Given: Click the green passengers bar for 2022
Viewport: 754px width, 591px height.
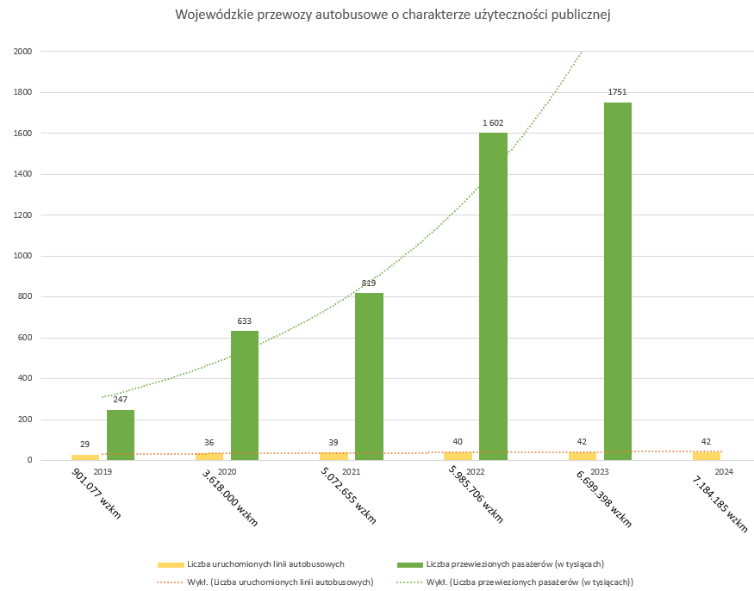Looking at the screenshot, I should [493, 296].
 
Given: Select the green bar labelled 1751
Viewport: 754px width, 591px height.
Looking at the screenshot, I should [617, 281].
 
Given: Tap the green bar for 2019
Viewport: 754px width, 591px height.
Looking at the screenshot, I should [121, 435].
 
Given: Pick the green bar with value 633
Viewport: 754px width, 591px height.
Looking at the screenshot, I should [245, 395].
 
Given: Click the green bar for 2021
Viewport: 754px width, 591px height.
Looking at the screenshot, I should [369, 376].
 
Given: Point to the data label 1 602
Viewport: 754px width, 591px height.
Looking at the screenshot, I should [493, 123].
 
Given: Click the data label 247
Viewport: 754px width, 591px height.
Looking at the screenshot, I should [121, 401].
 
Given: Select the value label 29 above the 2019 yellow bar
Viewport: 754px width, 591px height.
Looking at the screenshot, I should [85, 443].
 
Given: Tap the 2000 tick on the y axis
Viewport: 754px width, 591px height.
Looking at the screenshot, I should [23, 52].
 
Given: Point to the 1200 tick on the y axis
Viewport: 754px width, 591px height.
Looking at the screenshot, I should [23, 215].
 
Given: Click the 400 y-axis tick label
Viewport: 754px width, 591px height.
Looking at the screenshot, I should [25, 378].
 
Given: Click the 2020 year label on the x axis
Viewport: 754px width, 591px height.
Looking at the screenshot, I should [227, 472].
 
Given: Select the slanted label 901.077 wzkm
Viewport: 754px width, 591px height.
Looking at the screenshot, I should [97, 494].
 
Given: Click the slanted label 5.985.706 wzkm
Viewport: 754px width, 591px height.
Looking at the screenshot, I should [475, 495].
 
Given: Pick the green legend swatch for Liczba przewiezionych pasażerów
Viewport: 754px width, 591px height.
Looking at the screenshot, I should [409, 564].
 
